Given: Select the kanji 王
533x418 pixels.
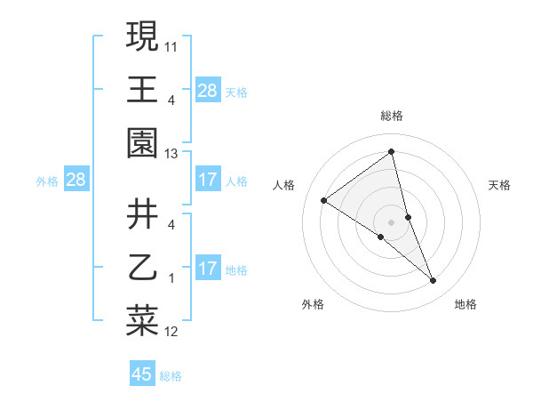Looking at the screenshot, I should (142, 89).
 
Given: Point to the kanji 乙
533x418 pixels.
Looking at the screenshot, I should (142, 268).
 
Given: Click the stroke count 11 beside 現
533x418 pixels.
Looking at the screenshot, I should (171, 44).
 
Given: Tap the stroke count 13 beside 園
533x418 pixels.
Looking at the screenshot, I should (171, 154).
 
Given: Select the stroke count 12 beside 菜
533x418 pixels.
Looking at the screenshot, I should (171, 333).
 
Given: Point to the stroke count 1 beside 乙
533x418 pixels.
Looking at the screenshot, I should (171, 278).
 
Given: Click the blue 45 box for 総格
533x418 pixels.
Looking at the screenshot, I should (142, 374).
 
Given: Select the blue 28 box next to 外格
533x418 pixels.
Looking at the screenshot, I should (76, 180).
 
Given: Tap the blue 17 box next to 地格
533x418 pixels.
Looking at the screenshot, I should (208, 269).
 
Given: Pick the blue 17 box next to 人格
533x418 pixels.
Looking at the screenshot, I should (208, 180).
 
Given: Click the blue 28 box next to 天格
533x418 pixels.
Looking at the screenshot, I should (208, 91).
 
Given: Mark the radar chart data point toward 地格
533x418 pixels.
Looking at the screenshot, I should (434, 281).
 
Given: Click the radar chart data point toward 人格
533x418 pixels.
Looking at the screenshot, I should (324, 200).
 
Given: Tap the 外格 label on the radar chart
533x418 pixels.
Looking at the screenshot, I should (313, 304).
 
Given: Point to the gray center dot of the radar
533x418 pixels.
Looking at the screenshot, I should (391, 222).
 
